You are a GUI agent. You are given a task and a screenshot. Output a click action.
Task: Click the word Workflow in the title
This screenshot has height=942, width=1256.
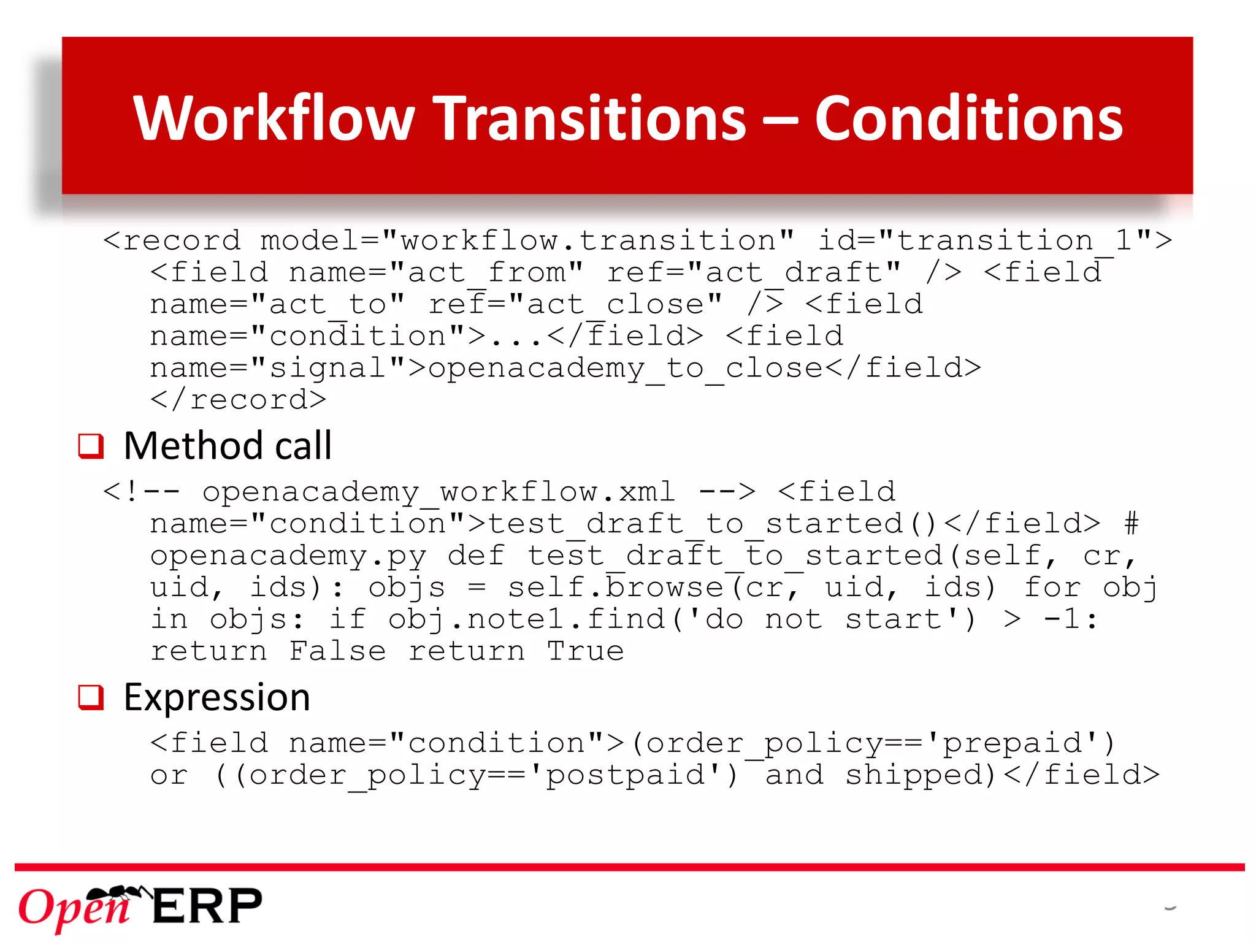click(274, 118)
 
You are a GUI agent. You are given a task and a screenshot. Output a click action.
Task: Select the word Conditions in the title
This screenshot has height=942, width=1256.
click(968, 118)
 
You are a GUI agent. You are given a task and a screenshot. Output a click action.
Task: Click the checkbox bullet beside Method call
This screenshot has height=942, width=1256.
click(91, 446)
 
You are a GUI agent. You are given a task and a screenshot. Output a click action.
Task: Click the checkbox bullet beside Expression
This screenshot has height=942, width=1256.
click(91, 697)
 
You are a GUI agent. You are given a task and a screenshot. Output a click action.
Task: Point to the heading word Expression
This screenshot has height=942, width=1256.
click(217, 697)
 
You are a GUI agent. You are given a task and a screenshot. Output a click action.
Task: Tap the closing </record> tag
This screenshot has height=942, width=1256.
click(238, 400)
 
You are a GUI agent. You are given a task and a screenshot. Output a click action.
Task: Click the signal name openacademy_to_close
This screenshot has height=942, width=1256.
click(626, 368)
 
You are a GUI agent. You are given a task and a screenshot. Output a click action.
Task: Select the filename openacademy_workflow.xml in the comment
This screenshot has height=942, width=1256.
click(438, 492)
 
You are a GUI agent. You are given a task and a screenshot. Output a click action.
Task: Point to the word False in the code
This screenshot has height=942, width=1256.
click(337, 651)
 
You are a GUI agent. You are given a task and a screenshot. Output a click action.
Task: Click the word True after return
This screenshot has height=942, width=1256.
click(586, 651)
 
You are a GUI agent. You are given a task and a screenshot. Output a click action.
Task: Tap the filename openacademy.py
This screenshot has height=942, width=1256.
click(288, 556)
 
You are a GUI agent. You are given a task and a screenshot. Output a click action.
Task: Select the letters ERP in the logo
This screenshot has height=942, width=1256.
click(207, 906)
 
